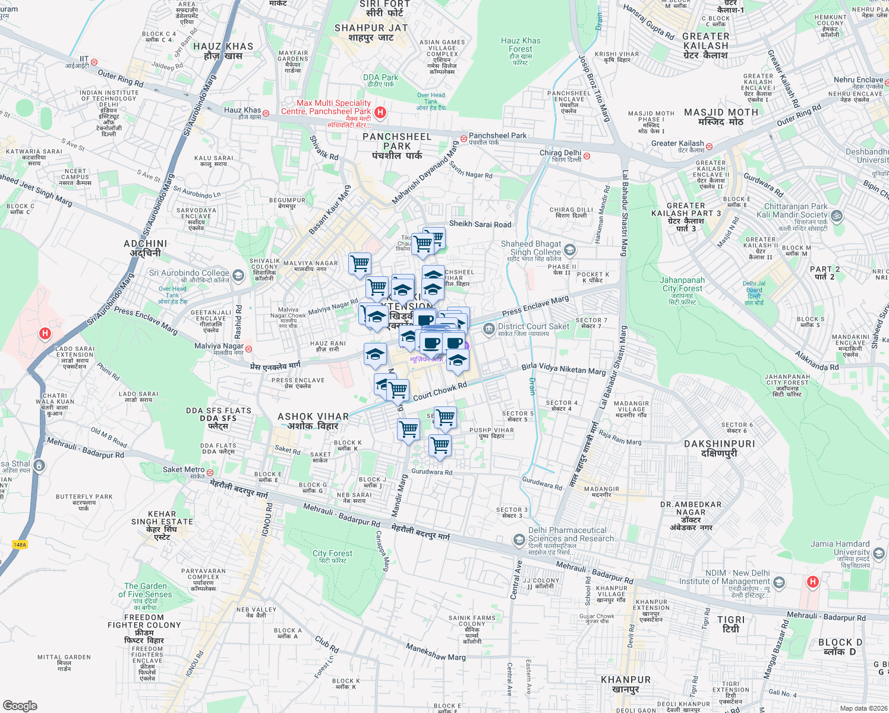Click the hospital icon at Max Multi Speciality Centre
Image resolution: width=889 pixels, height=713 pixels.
click(x=381, y=112)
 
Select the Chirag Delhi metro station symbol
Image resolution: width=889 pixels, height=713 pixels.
click(x=587, y=156)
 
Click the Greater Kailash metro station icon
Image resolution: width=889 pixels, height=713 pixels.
click(x=709, y=146)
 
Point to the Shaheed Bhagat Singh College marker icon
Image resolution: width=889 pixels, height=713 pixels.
click(x=570, y=250)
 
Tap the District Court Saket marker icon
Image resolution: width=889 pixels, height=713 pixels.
click(x=488, y=329)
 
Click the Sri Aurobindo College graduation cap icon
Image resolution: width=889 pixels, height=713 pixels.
click(x=238, y=275)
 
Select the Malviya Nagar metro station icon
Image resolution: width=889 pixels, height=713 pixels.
click(x=248, y=349)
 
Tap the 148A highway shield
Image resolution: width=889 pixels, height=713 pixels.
click(x=20, y=544)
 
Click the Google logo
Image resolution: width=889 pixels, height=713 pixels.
click(x=20, y=705)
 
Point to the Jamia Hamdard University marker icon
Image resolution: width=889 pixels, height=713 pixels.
click(x=878, y=554)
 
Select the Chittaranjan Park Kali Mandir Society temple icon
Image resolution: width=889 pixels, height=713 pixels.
click(x=837, y=214)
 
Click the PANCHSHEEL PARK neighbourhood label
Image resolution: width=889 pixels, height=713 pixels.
click(x=396, y=141)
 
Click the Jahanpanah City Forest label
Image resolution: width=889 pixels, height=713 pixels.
click(x=682, y=284)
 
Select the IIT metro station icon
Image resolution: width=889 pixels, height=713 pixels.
click(x=94, y=62)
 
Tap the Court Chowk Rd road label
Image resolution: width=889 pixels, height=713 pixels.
click(x=440, y=391)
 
